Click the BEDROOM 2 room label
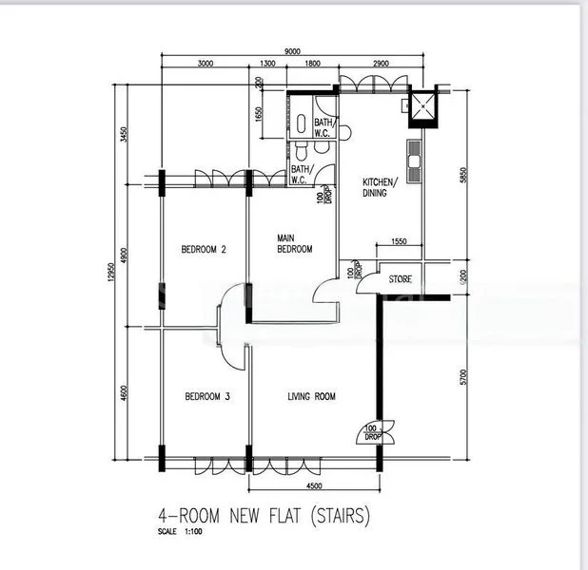pyautogui.click(x=204, y=251)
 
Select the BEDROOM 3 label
pyautogui.click(x=207, y=397)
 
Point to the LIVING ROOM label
pyautogui.click(x=311, y=397)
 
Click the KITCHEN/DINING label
pyautogui.click(x=378, y=186)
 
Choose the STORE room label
pyautogui.click(x=400, y=279)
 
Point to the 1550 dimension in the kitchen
pyautogui.click(x=399, y=242)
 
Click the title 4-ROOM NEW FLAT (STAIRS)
pyautogui.click(x=263, y=519)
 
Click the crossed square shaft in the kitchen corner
pyautogui.click(x=420, y=111)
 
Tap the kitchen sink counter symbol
pyautogui.click(x=413, y=161)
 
